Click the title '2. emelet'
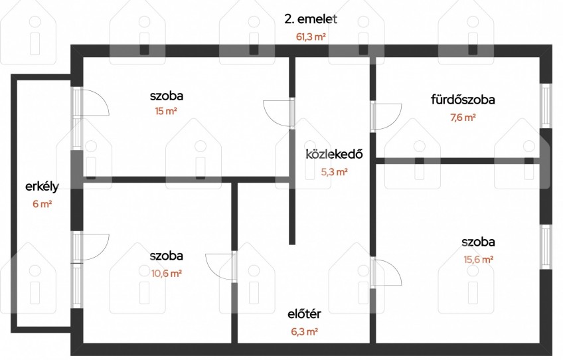(x=311, y=19)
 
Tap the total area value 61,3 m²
(x=311, y=37)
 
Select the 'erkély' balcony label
(x=42, y=187)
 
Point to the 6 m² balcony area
(x=42, y=204)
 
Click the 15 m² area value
(x=166, y=111)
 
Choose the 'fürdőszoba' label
(x=463, y=100)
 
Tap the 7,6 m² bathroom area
(x=463, y=118)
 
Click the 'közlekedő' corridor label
(x=335, y=154)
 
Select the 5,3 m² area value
(x=335, y=172)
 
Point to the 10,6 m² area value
(x=166, y=274)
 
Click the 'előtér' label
(x=305, y=314)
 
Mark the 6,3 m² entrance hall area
(x=305, y=331)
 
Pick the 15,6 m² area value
(x=478, y=260)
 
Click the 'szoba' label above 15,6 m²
(x=478, y=242)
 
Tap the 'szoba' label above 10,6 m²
(x=166, y=256)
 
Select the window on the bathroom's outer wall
(x=546, y=106)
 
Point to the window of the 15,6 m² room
(x=546, y=247)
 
